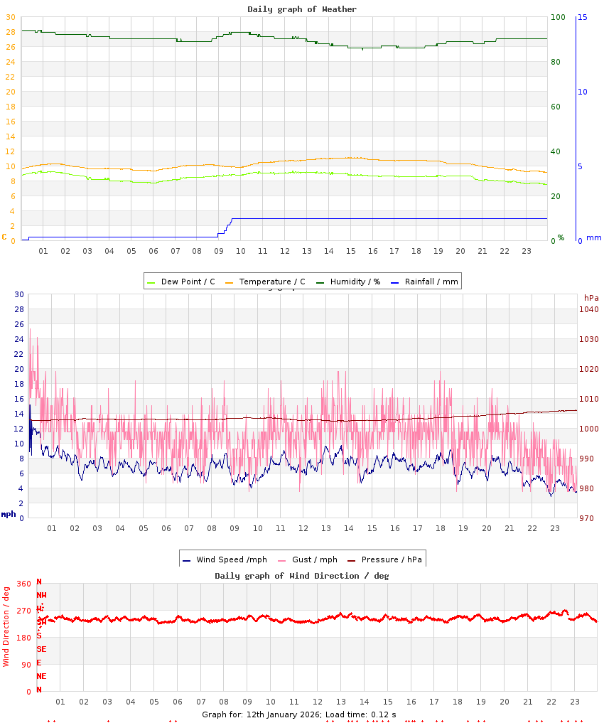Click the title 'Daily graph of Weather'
[302, 9]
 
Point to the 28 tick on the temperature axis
[10, 32]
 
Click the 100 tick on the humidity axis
[559, 17]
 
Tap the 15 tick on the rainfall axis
[583, 17]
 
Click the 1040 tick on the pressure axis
[589, 309]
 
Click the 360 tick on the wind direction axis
[23, 584]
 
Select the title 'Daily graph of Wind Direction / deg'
[302, 576]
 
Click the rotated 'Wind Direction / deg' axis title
[6, 626]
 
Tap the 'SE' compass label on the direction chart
[41, 649]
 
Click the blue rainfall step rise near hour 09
[226, 227]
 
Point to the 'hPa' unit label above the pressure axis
[591, 297]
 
